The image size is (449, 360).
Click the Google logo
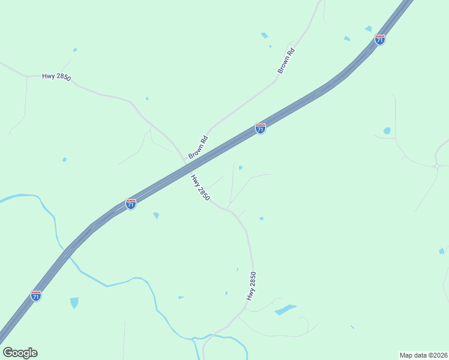tap(20, 353)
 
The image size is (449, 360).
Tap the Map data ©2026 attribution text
tap(423, 355)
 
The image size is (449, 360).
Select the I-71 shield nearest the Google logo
tap(36, 296)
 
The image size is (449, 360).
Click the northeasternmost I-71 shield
tap(379, 39)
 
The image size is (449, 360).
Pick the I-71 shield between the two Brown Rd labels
tap(260, 128)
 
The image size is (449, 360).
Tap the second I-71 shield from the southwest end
tap(131, 204)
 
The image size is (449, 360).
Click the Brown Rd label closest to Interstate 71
tap(198, 148)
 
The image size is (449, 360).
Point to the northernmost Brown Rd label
tap(287, 61)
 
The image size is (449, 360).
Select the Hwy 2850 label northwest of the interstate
tap(56, 77)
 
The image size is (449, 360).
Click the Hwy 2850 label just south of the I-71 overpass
tap(200, 187)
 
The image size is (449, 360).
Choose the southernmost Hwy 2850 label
tap(252, 286)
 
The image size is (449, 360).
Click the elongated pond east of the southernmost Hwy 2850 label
tap(285, 310)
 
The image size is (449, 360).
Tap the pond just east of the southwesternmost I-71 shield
tap(74, 302)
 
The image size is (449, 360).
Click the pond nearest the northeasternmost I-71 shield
tap(368, 28)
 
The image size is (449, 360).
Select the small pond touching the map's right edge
tap(442, 251)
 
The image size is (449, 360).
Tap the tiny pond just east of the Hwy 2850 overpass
tap(240, 168)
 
